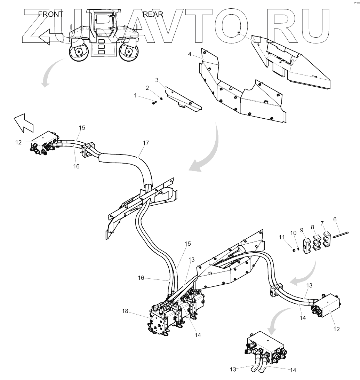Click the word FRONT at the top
[51, 14]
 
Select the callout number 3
[157, 80]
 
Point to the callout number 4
[190, 54]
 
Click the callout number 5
[239, 33]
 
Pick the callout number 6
[335, 220]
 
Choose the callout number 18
[125, 311]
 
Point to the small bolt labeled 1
[154, 102]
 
